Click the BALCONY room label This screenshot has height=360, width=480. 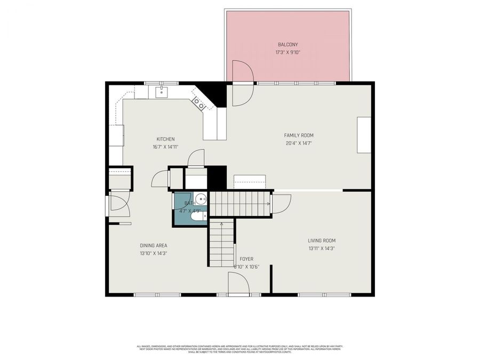pyautogui.click(x=287, y=44)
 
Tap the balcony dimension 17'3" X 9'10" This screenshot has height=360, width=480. pyautogui.click(x=287, y=52)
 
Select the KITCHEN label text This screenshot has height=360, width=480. pyautogui.click(x=165, y=139)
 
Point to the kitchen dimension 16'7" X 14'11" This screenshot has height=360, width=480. pyautogui.click(x=165, y=147)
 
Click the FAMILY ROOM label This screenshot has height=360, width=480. pyautogui.click(x=298, y=135)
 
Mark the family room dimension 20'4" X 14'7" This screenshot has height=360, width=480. pyautogui.click(x=298, y=143)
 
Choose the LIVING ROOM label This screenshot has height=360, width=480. pyautogui.click(x=322, y=241)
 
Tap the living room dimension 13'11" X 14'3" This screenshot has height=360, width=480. pyautogui.click(x=322, y=249)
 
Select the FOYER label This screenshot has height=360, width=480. pyautogui.click(x=246, y=259)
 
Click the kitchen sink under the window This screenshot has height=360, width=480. pyautogui.click(x=162, y=92)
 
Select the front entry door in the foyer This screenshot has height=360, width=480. pyautogui.click(x=238, y=283)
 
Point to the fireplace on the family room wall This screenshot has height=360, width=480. pyautogui.click(x=364, y=135)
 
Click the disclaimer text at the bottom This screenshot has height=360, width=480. pyautogui.click(x=239, y=348)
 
